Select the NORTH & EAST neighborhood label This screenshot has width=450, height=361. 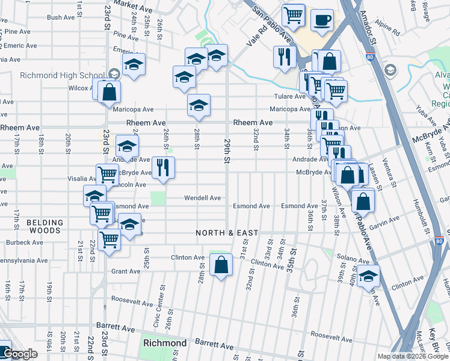[x=226, y=233]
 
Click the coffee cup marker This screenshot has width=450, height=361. [x=322, y=20]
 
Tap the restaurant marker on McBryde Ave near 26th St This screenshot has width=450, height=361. [x=163, y=168]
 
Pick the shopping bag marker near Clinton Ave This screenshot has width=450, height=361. [x=221, y=264]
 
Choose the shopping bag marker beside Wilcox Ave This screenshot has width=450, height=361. [x=109, y=92]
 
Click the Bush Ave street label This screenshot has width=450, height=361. [x=60, y=17]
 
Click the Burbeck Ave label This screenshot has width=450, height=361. [x=24, y=242]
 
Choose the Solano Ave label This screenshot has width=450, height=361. [x=347, y=257]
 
